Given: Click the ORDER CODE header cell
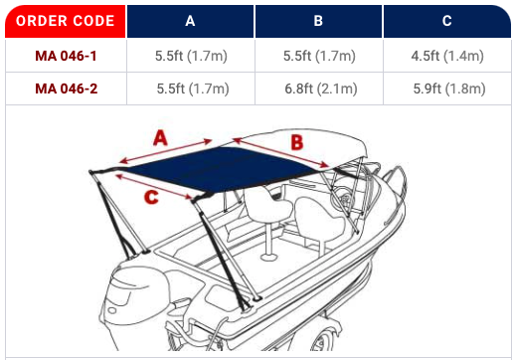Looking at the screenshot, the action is click(x=66, y=21).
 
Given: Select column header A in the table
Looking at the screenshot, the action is click(x=190, y=21).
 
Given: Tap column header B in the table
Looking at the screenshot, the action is click(x=318, y=21).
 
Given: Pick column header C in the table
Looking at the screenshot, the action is click(x=447, y=21).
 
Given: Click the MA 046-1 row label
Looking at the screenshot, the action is click(x=66, y=56).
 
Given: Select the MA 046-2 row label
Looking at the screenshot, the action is click(x=67, y=89).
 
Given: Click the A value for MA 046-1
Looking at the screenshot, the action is click(x=191, y=56).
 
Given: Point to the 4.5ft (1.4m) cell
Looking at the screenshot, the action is click(x=447, y=56).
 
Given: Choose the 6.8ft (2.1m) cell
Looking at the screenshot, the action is click(x=321, y=89).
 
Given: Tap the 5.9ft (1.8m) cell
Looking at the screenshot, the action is click(x=449, y=89).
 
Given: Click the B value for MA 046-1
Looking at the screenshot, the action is click(x=319, y=56).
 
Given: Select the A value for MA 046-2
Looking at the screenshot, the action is click(x=193, y=89).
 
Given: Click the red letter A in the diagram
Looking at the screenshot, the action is click(x=160, y=138).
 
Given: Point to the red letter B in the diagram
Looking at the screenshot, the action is click(x=297, y=142).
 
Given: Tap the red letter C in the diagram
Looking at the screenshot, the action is click(x=151, y=197).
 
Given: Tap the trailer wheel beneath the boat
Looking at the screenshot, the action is click(x=323, y=338).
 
